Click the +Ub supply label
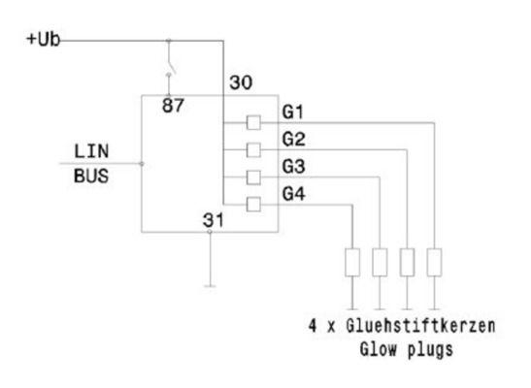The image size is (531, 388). (44, 40)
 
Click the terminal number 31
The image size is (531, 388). (214, 219)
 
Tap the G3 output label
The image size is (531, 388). (294, 168)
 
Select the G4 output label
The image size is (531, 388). (294, 194)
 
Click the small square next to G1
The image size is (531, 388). (253, 123)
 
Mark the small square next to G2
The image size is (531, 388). (253, 149)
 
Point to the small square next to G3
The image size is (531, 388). (253, 177)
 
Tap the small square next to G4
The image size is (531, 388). (253, 204)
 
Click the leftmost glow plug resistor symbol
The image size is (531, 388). (352, 262)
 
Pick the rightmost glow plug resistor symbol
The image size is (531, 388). (434, 262)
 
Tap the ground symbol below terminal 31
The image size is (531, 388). (210, 285)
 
